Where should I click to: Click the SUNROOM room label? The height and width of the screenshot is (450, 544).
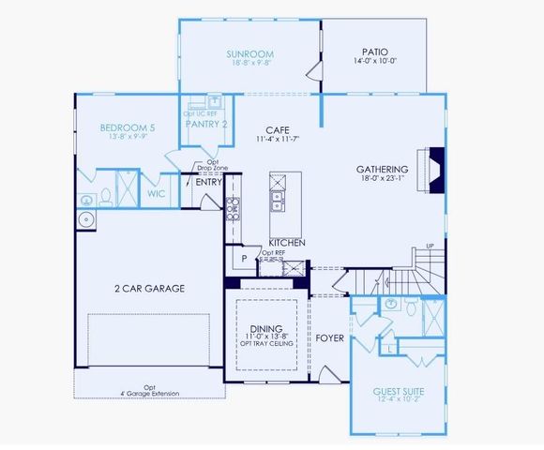(x=249, y=54)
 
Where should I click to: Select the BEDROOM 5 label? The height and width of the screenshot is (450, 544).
(x=127, y=127)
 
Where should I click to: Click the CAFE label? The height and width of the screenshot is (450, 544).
(x=276, y=130)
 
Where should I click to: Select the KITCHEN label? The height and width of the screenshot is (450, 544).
(x=288, y=242)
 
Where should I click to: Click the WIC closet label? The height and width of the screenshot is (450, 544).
(x=157, y=193)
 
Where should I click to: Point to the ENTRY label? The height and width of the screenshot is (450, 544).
(x=208, y=182)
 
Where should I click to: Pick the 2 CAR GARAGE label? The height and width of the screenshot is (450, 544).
(x=148, y=288)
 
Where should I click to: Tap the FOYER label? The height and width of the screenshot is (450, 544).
(x=328, y=337)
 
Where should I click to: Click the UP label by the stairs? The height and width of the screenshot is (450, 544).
(x=431, y=247)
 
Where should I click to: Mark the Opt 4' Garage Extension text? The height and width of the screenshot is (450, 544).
(x=150, y=389)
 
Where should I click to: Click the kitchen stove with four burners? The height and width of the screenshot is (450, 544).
(x=234, y=213)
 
